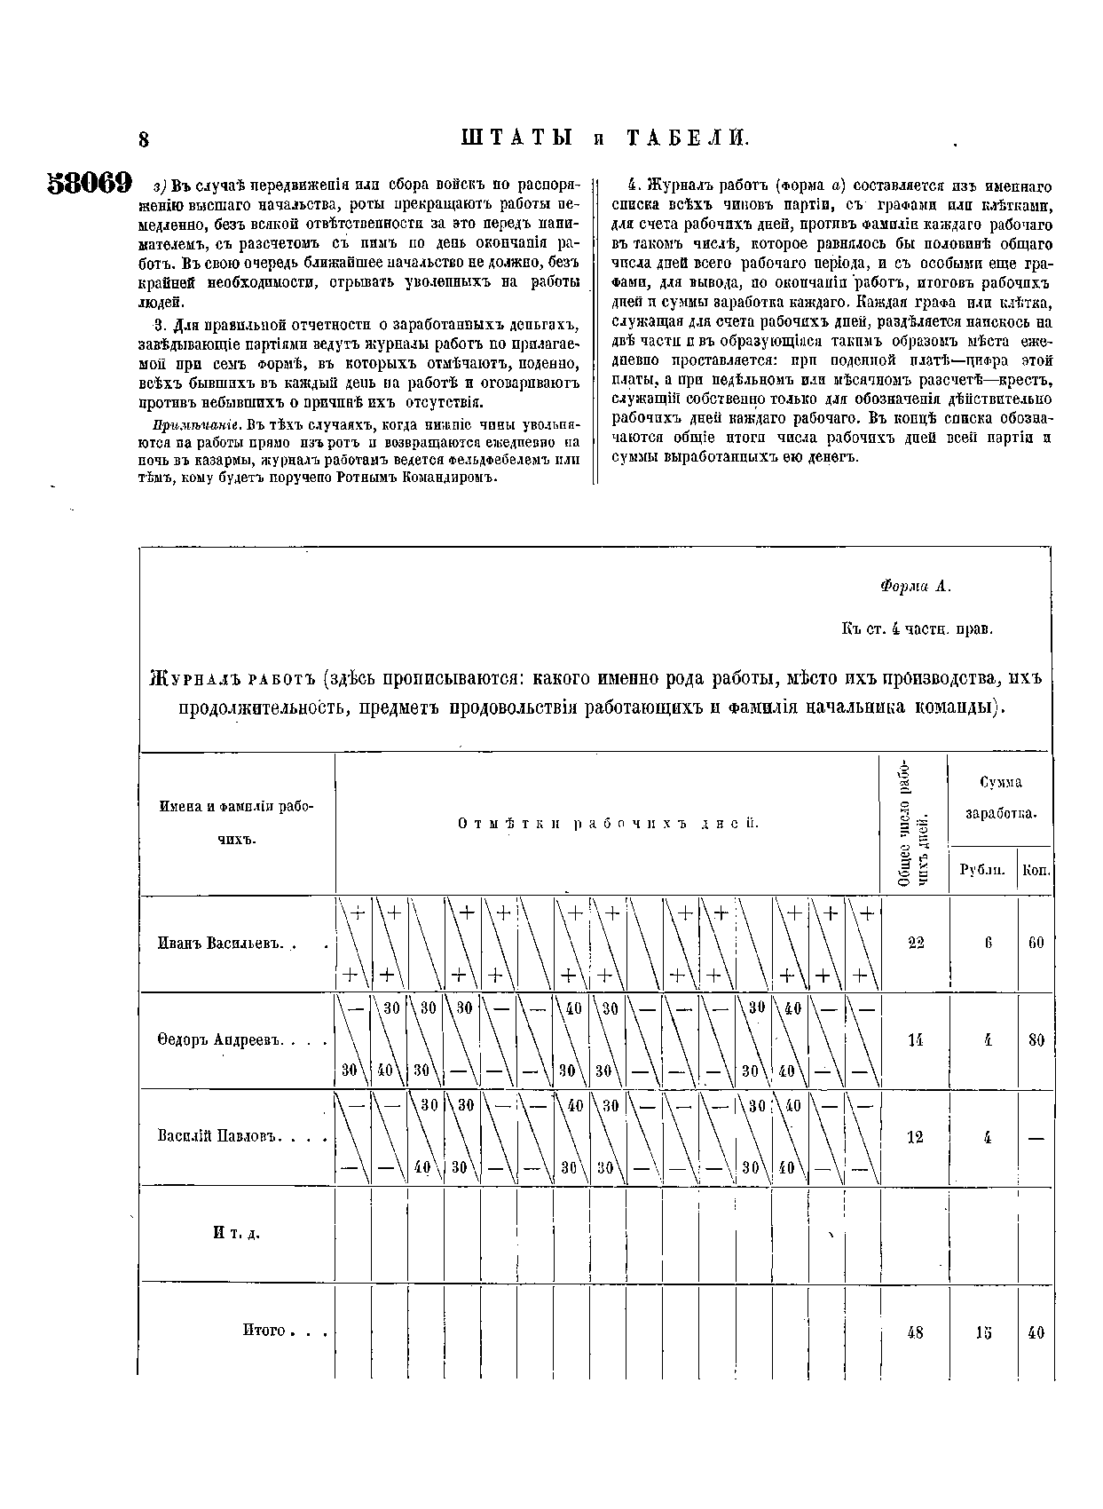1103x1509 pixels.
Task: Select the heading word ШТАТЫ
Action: click(x=516, y=138)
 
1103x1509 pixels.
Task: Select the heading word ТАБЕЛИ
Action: click(x=688, y=138)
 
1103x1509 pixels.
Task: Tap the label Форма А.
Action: click(x=915, y=586)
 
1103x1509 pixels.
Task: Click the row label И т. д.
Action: click(x=235, y=1233)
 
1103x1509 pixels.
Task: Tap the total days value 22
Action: click(x=916, y=942)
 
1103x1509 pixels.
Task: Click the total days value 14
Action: click(x=916, y=1039)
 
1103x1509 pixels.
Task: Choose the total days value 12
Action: click(x=916, y=1137)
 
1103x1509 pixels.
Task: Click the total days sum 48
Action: click(x=916, y=1331)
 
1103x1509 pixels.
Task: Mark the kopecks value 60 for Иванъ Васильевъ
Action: click(x=1036, y=942)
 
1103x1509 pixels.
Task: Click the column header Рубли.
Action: click(x=982, y=871)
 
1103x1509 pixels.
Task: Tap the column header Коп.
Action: click(x=1036, y=871)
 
